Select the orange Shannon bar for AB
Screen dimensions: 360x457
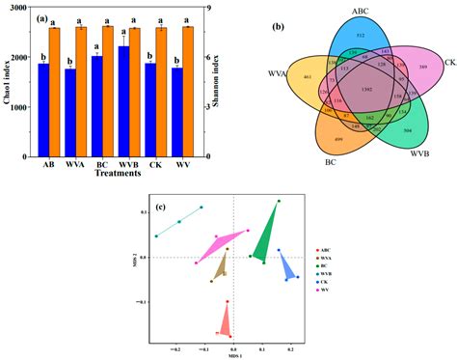tap(55, 92)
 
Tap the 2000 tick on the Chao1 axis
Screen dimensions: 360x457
tap(24, 57)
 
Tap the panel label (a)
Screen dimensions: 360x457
tap(42, 16)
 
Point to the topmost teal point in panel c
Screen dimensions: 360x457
tap(202, 207)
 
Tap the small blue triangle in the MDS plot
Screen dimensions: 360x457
tap(288, 266)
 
